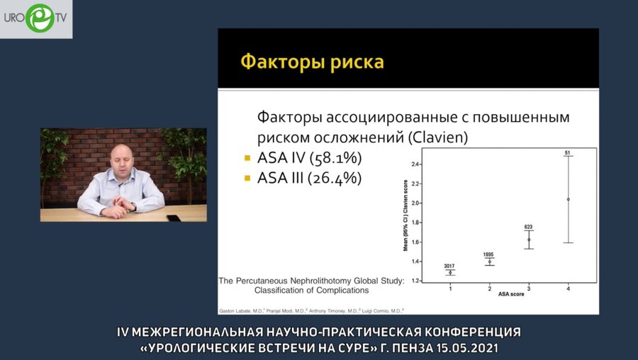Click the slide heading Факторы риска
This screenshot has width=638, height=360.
313,62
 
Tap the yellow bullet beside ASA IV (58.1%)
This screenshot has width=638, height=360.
247,158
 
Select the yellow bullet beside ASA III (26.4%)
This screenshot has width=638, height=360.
247,179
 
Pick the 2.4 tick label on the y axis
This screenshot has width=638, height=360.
416,164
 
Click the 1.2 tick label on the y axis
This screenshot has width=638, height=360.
416,281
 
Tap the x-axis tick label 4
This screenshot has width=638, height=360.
569,288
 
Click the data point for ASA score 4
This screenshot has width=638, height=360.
569,199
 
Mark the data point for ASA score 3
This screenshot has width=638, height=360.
529,240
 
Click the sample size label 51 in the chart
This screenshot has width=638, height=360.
568,152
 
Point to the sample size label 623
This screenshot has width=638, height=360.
529,227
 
